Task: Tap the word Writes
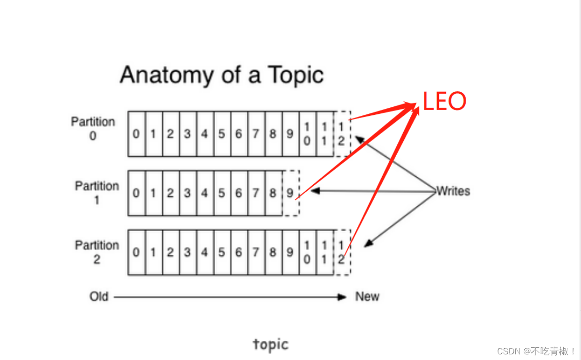pyautogui.click(x=453, y=191)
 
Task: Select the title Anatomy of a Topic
pyautogui.click(x=221, y=75)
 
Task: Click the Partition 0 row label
pyautogui.click(x=93, y=129)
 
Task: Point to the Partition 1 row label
pyautogui.click(x=97, y=193)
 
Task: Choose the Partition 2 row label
pyautogui.click(x=97, y=252)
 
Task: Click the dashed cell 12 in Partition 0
pyautogui.click(x=342, y=134)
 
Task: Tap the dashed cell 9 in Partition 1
pyautogui.click(x=291, y=193)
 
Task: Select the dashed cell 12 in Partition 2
pyautogui.click(x=342, y=253)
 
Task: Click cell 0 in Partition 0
pyautogui.click(x=136, y=134)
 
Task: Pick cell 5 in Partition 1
pyautogui.click(x=221, y=193)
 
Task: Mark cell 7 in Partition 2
pyautogui.click(x=256, y=253)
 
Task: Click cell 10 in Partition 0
pyautogui.click(x=307, y=134)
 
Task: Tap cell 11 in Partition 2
pyautogui.click(x=324, y=253)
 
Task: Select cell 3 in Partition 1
pyautogui.click(x=187, y=193)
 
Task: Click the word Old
pyautogui.click(x=99, y=297)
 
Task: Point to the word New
pyautogui.click(x=367, y=297)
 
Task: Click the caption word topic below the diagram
pyautogui.click(x=271, y=345)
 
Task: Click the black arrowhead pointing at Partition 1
pyautogui.click(x=315, y=191)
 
